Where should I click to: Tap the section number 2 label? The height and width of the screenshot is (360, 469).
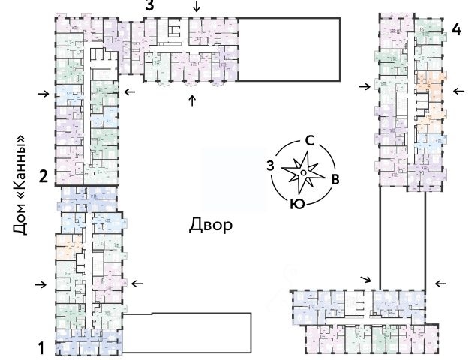[x=44, y=177]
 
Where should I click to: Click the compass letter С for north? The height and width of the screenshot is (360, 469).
[x=308, y=139]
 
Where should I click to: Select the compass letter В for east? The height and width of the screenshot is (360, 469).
[x=335, y=178]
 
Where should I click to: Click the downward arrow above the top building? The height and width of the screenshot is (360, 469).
[x=197, y=7]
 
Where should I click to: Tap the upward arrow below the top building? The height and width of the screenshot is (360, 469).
[x=193, y=100]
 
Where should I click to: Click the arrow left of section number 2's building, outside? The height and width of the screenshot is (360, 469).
[x=44, y=94]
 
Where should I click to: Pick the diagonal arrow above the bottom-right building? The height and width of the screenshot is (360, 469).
[x=365, y=279]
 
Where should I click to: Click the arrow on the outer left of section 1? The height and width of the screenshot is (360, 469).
[x=44, y=284]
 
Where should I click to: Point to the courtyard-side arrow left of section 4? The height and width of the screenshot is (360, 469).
[x=365, y=87]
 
